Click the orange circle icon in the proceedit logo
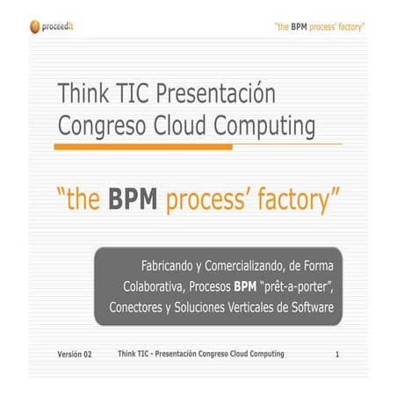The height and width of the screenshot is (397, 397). [x=34, y=27]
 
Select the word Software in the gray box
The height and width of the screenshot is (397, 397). [x=311, y=308]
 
